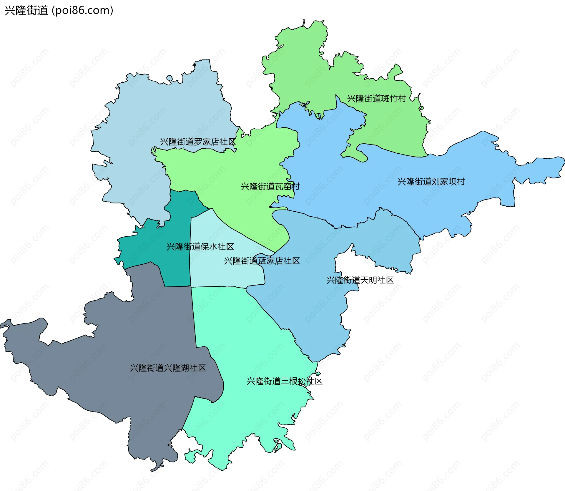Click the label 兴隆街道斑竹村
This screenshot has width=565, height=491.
click(376, 99)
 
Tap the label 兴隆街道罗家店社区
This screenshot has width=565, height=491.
click(198, 142)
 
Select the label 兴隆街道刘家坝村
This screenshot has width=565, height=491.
click(431, 182)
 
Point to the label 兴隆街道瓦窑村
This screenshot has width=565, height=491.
click(270, 187)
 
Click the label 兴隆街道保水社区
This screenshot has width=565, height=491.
click(200, 247)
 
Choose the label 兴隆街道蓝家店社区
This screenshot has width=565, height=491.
click(262, 261)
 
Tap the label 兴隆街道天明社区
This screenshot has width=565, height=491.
click(360, 280)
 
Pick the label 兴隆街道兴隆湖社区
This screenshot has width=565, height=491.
click(168, 368)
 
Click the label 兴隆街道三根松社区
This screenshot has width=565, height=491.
click(284, 381)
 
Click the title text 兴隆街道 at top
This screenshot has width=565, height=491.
click(26, 11)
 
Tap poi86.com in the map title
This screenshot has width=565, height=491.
click(82, 11)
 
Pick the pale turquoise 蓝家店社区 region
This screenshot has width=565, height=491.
click(224, 274)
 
